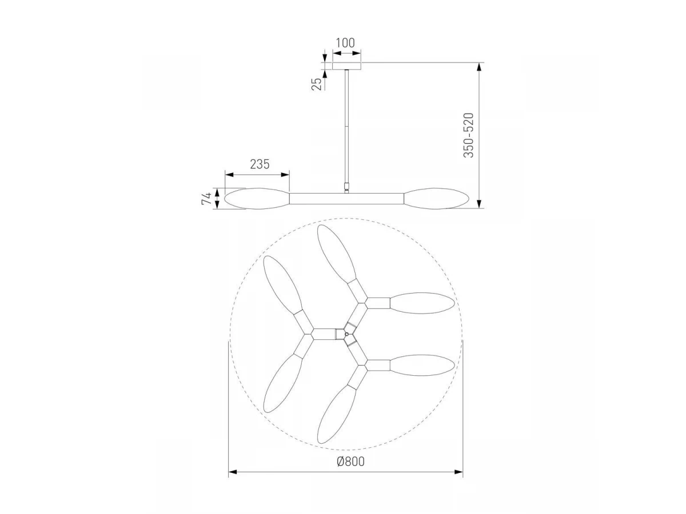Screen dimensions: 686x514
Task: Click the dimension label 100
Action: click(x=345, y=43)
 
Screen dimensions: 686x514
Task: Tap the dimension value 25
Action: click(x=317, y=84)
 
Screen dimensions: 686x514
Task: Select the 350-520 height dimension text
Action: click(x=468, y=135)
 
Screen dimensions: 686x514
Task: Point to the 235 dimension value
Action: click(x=260, y=164)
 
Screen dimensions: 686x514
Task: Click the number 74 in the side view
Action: click(x=206, y=199)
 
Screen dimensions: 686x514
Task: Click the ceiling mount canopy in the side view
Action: click(x=346, y=66)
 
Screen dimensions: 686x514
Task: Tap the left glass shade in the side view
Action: click(x=257, y=199)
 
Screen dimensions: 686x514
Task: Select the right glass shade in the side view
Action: click(x=436, y=199)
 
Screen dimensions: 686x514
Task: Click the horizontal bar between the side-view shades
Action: click(x=346, y=199)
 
